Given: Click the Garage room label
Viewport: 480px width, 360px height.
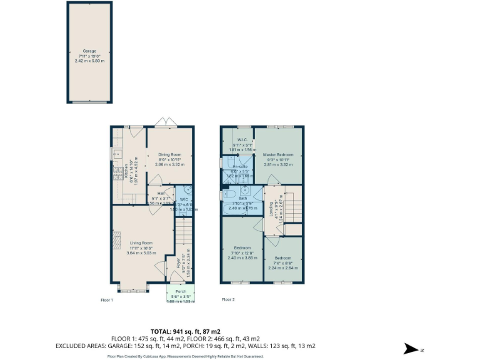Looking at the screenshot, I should coord(90,51).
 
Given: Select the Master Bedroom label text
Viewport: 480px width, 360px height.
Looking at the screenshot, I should coord(278,154).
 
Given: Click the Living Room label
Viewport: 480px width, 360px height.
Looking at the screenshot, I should coord(141,242).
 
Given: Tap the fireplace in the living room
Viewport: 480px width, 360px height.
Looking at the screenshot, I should coord(116,244).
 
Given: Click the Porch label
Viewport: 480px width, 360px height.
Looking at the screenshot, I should coord(181,291).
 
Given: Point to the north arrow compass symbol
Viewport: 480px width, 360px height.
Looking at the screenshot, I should coord(410,349).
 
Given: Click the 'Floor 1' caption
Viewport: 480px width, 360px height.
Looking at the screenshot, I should coord(107,300).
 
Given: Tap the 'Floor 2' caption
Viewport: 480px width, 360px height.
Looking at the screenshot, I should coord(228,300).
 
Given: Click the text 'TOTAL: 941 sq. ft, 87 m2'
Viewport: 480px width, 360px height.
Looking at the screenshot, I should coord(186,331).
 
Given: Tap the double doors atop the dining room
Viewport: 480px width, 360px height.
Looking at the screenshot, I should coord(165,122).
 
